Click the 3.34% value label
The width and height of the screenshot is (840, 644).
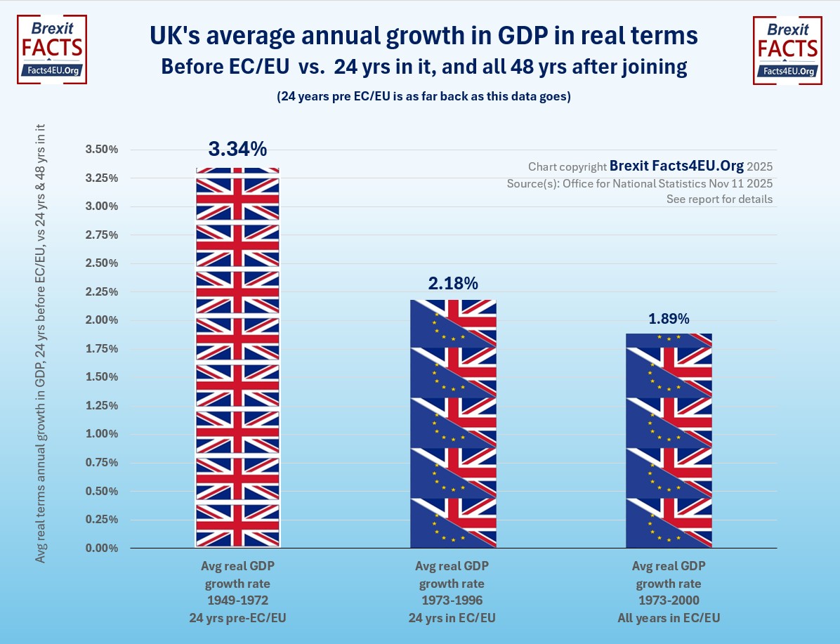tap(237, 149)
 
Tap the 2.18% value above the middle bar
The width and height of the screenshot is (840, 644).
tap(453, 284)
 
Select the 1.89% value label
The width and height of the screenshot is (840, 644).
tap(669, 318)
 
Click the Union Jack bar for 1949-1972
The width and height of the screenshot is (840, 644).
tap(237, 358)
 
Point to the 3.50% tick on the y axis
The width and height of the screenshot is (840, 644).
tap(101, 150)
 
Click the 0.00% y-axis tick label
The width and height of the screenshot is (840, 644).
tap(101, 548)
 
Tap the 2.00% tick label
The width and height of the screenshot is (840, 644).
tap(101, 320)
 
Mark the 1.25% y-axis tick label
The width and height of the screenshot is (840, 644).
tap(101, 406)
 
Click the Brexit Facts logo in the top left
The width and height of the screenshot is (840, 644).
tap(52, 51)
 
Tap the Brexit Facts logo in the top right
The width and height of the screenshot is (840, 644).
tap(787, 51)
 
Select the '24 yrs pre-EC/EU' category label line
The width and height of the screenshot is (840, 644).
tap(237, 619)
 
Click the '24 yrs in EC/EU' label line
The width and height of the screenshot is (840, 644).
tap(453, 619)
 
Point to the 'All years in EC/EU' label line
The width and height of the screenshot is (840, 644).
tap(669, 619)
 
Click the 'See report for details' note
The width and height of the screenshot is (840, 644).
tap(719, 199)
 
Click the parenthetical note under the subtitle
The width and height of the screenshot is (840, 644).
tap(424, 97)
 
